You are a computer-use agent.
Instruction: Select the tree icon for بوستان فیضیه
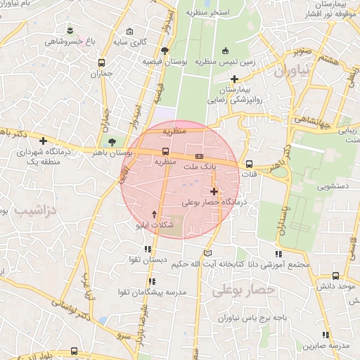165,50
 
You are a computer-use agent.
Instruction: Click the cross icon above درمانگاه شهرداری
44,141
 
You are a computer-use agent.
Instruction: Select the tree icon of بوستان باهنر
112,143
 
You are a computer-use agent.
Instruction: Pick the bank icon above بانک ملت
199,156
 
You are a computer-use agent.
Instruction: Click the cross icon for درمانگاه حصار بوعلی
214,191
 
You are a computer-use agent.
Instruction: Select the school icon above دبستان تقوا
148,249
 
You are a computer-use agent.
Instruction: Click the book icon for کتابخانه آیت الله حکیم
207,253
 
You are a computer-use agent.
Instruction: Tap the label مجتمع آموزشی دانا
281,264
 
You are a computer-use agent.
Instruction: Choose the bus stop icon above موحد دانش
335,276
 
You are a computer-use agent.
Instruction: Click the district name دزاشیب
29,210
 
